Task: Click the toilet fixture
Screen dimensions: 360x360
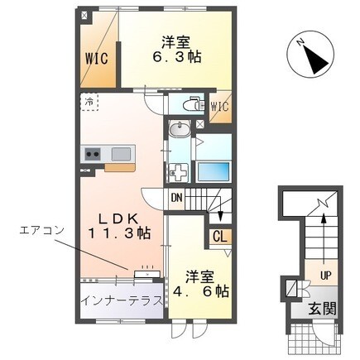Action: click(x=194, y=104)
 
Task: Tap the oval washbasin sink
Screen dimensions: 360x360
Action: click(x=180, y=129)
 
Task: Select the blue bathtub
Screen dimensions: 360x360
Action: click(x=214, y=171)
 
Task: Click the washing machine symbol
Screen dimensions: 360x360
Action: click(x=179, y=173)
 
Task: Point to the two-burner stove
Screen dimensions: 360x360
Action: click(x=93, y=153)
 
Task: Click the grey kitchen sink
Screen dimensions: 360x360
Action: click(x=121, y=154)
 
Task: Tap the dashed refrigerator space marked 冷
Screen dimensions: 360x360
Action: click(x=89, y=102)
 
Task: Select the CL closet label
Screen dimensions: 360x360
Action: click(x=220, y=237)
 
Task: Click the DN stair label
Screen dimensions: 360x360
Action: click(x=177, y=197)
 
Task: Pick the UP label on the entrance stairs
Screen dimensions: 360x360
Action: click(x=325, y=275)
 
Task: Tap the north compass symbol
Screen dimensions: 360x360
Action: click(x=310, y=54)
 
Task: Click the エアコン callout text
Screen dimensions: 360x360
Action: click(x=42, y=229)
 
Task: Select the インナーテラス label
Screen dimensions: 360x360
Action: click(x=122, y=300)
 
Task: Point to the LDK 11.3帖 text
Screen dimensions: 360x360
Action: click(x=119, y=226)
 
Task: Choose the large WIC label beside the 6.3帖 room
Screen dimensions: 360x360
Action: click(x=96, y=59)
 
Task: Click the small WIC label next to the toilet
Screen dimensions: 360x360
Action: click(x=220, y=107)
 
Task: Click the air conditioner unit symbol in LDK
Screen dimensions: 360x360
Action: click(x=147, y=274)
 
